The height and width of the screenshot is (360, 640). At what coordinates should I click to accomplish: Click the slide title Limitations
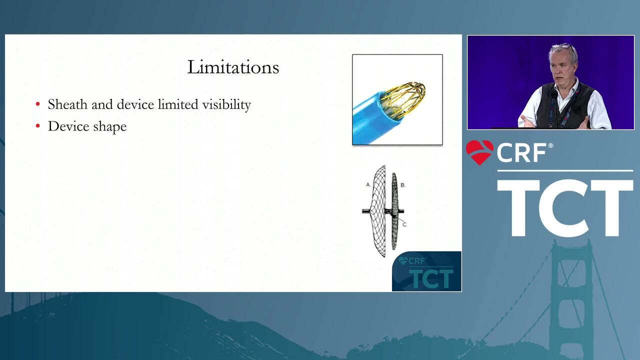click(233, 67)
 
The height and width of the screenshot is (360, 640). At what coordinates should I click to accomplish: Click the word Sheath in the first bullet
click(67, 104)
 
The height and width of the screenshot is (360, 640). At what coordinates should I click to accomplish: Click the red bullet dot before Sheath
click(37, 104)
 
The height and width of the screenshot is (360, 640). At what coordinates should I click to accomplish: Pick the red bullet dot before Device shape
click(37, 125)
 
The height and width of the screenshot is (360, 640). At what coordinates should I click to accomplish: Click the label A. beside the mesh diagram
click(368, 185)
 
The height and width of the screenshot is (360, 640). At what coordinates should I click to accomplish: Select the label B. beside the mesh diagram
click(403, 185)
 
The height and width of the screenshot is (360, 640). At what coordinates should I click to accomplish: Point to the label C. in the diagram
click(404, 224)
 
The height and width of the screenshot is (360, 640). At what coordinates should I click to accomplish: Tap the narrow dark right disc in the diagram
click(394, 211)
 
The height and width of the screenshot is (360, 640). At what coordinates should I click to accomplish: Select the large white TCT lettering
click(565, 208)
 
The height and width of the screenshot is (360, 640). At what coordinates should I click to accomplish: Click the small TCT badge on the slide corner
click(426, 271)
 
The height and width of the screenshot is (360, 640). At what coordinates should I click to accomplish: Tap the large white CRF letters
click(521, 153)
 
